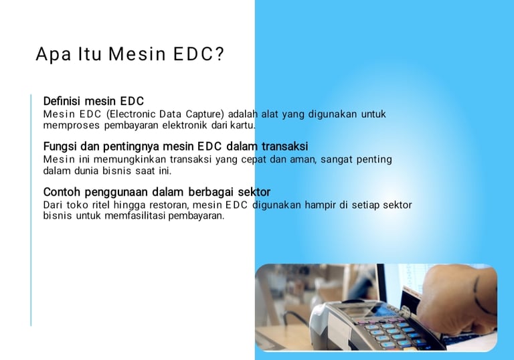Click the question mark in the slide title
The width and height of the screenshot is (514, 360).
[220, 54]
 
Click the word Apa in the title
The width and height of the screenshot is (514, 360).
[53, 55]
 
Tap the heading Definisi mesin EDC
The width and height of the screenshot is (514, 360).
[94, 101]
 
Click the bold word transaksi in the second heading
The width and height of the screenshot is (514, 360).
[284, 147]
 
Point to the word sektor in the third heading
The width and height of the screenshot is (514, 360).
[254, 192]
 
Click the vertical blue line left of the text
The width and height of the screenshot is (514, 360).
[31, 210]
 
